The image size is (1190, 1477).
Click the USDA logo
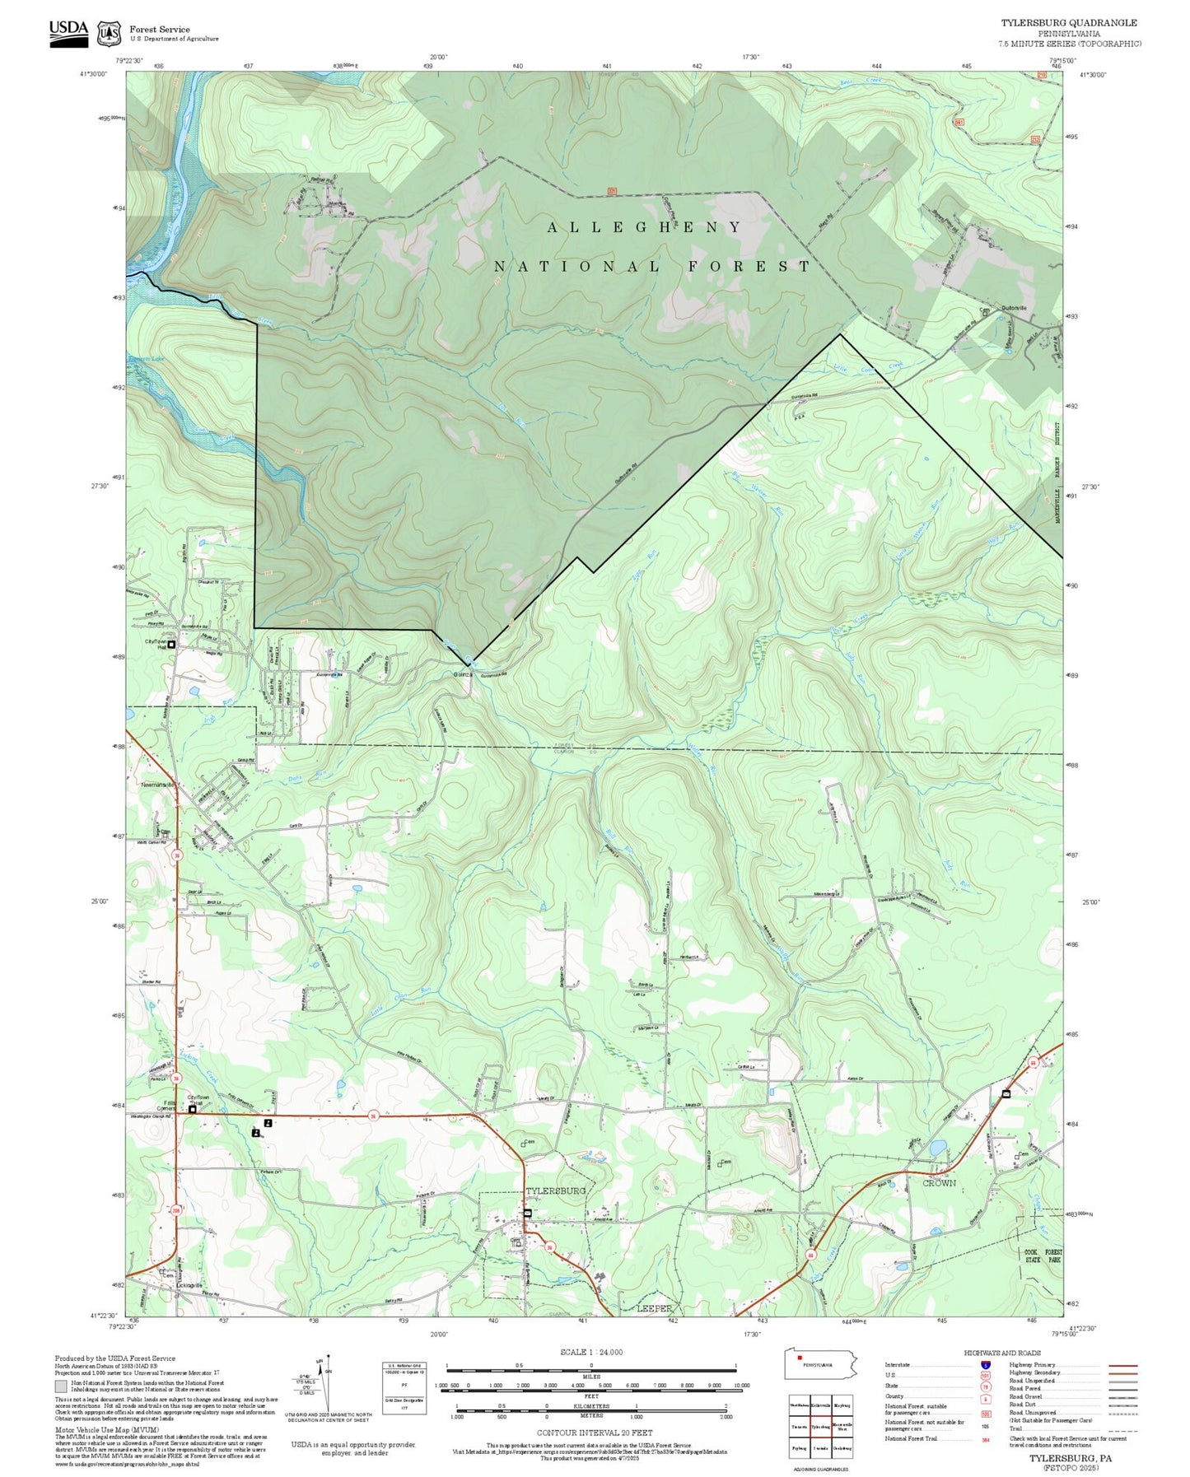point(68,32)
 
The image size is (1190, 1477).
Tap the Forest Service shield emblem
point(109,34)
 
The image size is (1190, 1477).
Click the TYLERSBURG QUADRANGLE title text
point(1068,23)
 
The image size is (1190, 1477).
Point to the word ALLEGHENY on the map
point(645,227)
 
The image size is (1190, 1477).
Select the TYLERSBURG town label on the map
point(556,1190)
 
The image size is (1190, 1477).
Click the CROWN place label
point(939,1182)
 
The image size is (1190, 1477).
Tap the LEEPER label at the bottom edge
point(655,1307)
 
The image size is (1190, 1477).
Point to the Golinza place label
point(462,674)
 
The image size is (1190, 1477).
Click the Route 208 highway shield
point(175,1210)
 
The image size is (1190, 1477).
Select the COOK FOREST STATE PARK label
point(1043,1256)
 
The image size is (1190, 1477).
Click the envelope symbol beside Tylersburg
point(528,1214)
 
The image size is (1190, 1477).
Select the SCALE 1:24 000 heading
point(591,1352)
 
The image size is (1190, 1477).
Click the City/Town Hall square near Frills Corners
point(193,1109)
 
